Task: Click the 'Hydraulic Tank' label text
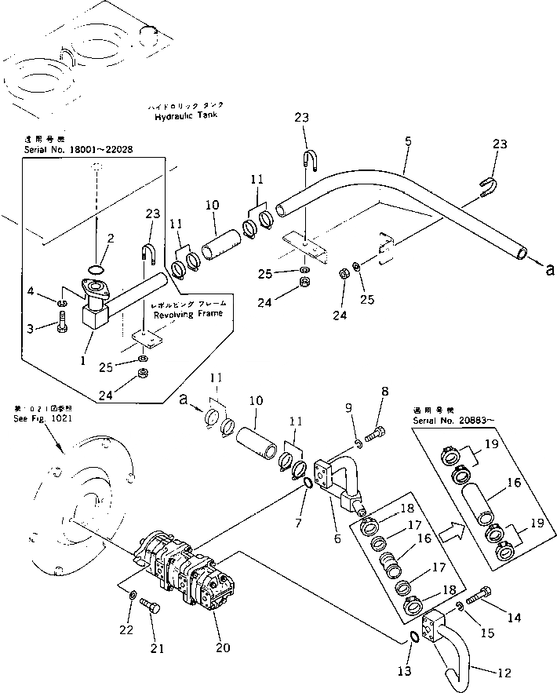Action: [185, 115]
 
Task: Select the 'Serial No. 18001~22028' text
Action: [78, 149]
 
